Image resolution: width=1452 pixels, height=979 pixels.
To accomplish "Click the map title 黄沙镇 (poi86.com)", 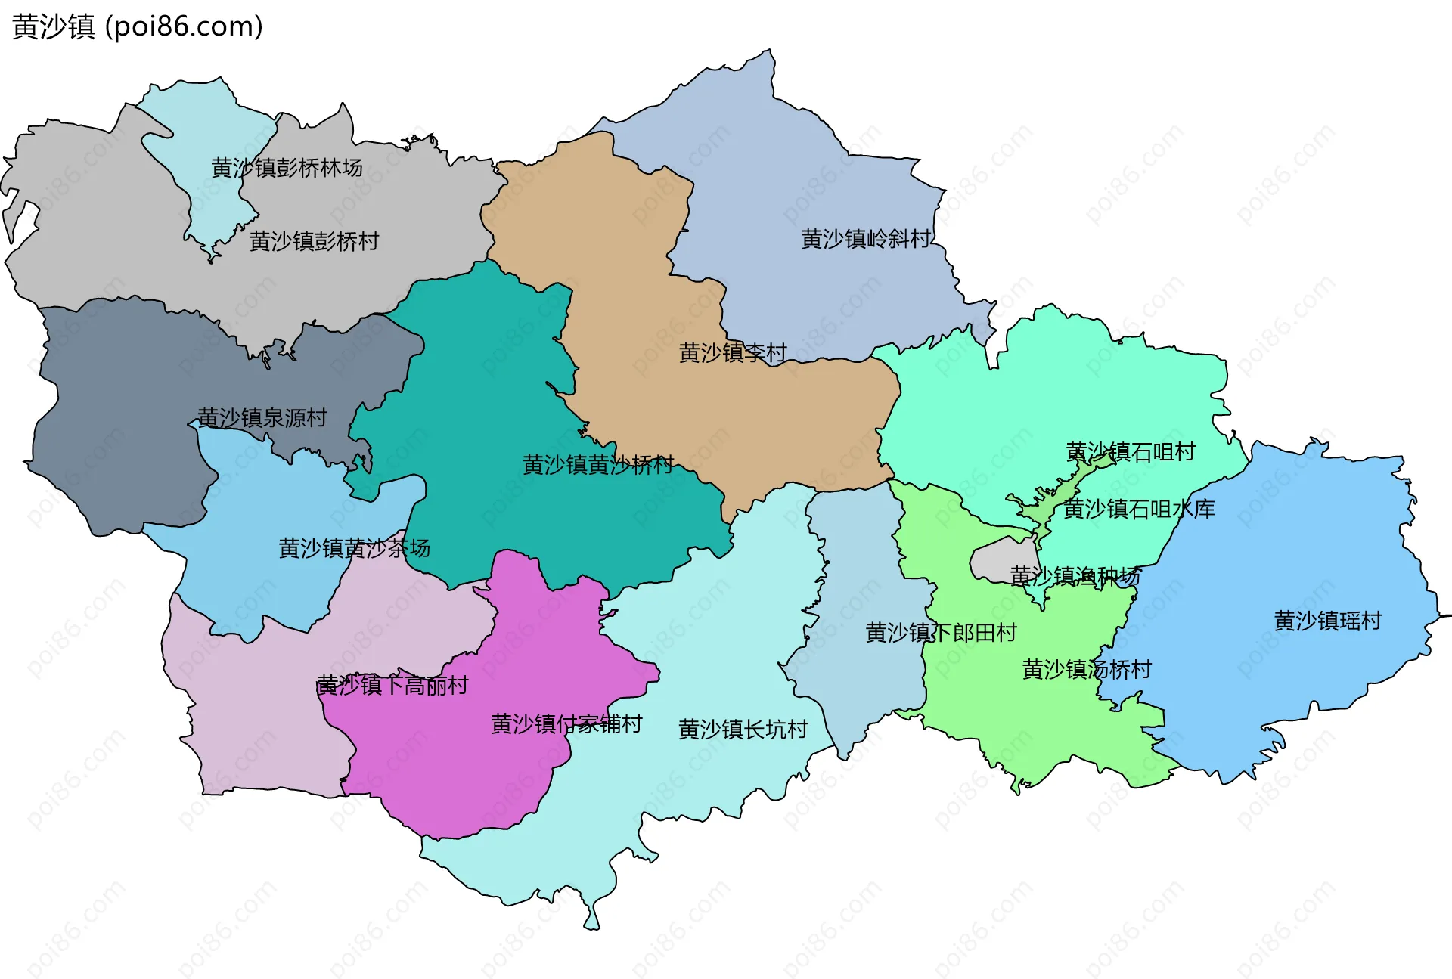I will [138, 26].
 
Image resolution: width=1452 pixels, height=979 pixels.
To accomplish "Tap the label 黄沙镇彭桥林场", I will [287, 168].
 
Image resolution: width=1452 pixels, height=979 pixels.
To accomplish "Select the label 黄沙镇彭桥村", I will [314, 242].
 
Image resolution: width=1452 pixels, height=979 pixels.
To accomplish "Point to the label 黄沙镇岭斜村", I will [866, 239].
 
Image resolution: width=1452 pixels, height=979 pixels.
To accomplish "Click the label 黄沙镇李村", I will [733, 352].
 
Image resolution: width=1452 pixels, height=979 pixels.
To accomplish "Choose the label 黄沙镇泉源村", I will [262, 417].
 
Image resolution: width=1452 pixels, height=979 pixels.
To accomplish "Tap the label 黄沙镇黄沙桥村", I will [598, 464].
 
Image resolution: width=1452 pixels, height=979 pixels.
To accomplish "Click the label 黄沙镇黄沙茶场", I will [354, 548].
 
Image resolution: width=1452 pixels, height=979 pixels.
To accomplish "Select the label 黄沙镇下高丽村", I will [392, 686].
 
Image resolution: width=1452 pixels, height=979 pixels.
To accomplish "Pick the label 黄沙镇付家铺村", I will [566, 724].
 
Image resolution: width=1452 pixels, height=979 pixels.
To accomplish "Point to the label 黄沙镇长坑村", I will [743, 730].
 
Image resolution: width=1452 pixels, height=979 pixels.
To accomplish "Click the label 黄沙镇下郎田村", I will [941, 633].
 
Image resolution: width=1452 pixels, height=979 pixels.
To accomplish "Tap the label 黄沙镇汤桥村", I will [1086, 669].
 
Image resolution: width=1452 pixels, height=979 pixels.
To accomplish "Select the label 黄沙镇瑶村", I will [1327, 621].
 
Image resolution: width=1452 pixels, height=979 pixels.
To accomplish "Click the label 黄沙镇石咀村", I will [1131, 452].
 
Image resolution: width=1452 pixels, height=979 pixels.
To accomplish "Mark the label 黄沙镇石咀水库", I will [1139, 509].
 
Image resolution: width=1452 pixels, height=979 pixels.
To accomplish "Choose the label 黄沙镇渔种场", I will [1075, 576].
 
